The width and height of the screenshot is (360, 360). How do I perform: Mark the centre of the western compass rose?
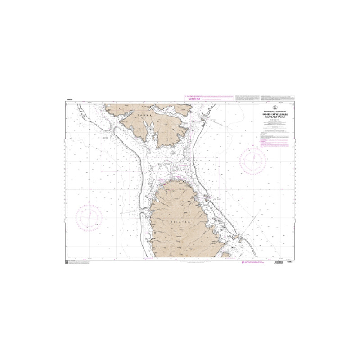coord(90,217)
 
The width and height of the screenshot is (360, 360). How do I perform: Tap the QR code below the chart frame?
coord(67,261)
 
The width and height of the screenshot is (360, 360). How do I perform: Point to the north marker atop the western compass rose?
coord(90,205)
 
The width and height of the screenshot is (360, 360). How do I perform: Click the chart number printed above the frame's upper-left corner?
coord(69,99)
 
